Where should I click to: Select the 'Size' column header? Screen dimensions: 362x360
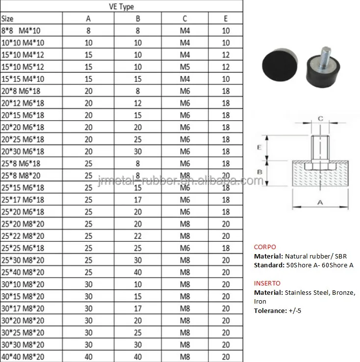7,19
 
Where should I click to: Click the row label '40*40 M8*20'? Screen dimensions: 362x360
23,357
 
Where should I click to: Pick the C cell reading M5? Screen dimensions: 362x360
185,67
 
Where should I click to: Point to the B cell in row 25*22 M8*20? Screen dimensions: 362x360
138,236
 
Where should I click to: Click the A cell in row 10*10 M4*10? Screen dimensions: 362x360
88,43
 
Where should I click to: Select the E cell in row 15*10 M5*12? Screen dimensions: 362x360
226,67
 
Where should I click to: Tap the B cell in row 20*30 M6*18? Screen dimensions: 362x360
138,152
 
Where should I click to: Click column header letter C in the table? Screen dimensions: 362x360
185,19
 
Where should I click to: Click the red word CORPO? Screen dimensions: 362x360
265,247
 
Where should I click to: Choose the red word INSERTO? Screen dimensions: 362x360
268,283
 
